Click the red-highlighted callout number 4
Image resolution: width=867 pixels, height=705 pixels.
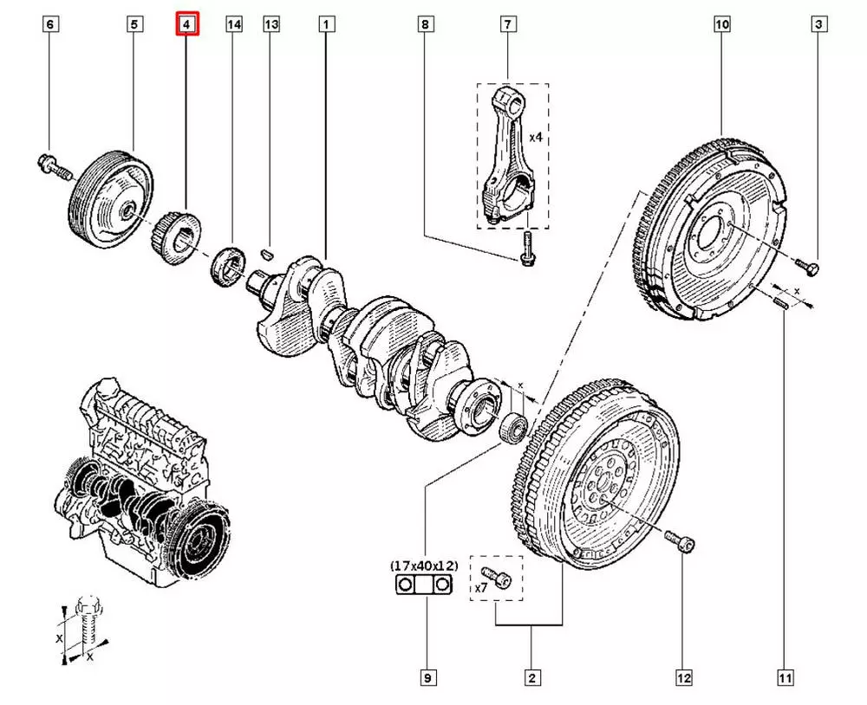click(188, 25)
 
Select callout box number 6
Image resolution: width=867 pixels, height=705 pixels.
click(50, 25)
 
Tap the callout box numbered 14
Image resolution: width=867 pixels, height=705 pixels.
click(233, 25)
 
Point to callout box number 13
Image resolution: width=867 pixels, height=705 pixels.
click(271, 25)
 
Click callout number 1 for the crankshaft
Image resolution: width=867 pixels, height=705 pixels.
click(326, 25)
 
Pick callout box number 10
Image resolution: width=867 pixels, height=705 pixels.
click(722, 25)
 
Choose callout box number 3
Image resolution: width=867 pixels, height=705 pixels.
click(818, 25)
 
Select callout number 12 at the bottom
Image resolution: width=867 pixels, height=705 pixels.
click(683, 678)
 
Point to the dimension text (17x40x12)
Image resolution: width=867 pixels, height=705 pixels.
click(424, 566)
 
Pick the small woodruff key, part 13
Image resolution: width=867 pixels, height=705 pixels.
click(268, 253)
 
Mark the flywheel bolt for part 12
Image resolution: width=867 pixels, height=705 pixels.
click(681, 542)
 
